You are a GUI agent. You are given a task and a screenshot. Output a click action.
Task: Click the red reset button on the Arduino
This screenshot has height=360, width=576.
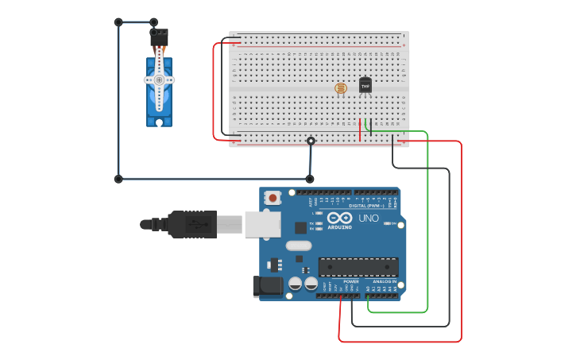273,197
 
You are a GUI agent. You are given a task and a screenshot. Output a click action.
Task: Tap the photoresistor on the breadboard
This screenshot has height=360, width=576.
341,87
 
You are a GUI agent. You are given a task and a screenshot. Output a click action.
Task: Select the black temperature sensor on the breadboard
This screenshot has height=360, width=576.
365,84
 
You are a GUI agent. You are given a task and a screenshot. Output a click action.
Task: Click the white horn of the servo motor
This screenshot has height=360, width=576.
159,79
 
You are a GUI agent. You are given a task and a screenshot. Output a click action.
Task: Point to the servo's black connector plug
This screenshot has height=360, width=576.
159,37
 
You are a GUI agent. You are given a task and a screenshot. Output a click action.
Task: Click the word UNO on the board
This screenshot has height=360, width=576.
369,218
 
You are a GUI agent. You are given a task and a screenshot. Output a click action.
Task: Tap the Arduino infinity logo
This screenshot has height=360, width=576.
339,217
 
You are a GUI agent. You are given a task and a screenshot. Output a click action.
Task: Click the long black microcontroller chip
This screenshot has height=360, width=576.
358,267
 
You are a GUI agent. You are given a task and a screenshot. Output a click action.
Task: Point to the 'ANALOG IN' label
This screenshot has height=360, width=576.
385,281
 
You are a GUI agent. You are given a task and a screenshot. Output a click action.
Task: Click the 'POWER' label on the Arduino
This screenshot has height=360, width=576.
350,281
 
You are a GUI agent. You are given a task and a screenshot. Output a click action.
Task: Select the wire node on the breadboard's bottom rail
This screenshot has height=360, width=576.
311,141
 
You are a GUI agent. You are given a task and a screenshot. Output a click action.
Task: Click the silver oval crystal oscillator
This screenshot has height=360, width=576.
299,246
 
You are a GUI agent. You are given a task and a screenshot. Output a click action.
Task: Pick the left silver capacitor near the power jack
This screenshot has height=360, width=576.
296,283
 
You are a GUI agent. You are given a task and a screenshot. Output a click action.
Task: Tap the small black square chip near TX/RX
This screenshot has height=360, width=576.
300,227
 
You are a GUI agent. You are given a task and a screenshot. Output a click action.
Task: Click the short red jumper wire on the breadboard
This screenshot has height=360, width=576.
360,129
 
